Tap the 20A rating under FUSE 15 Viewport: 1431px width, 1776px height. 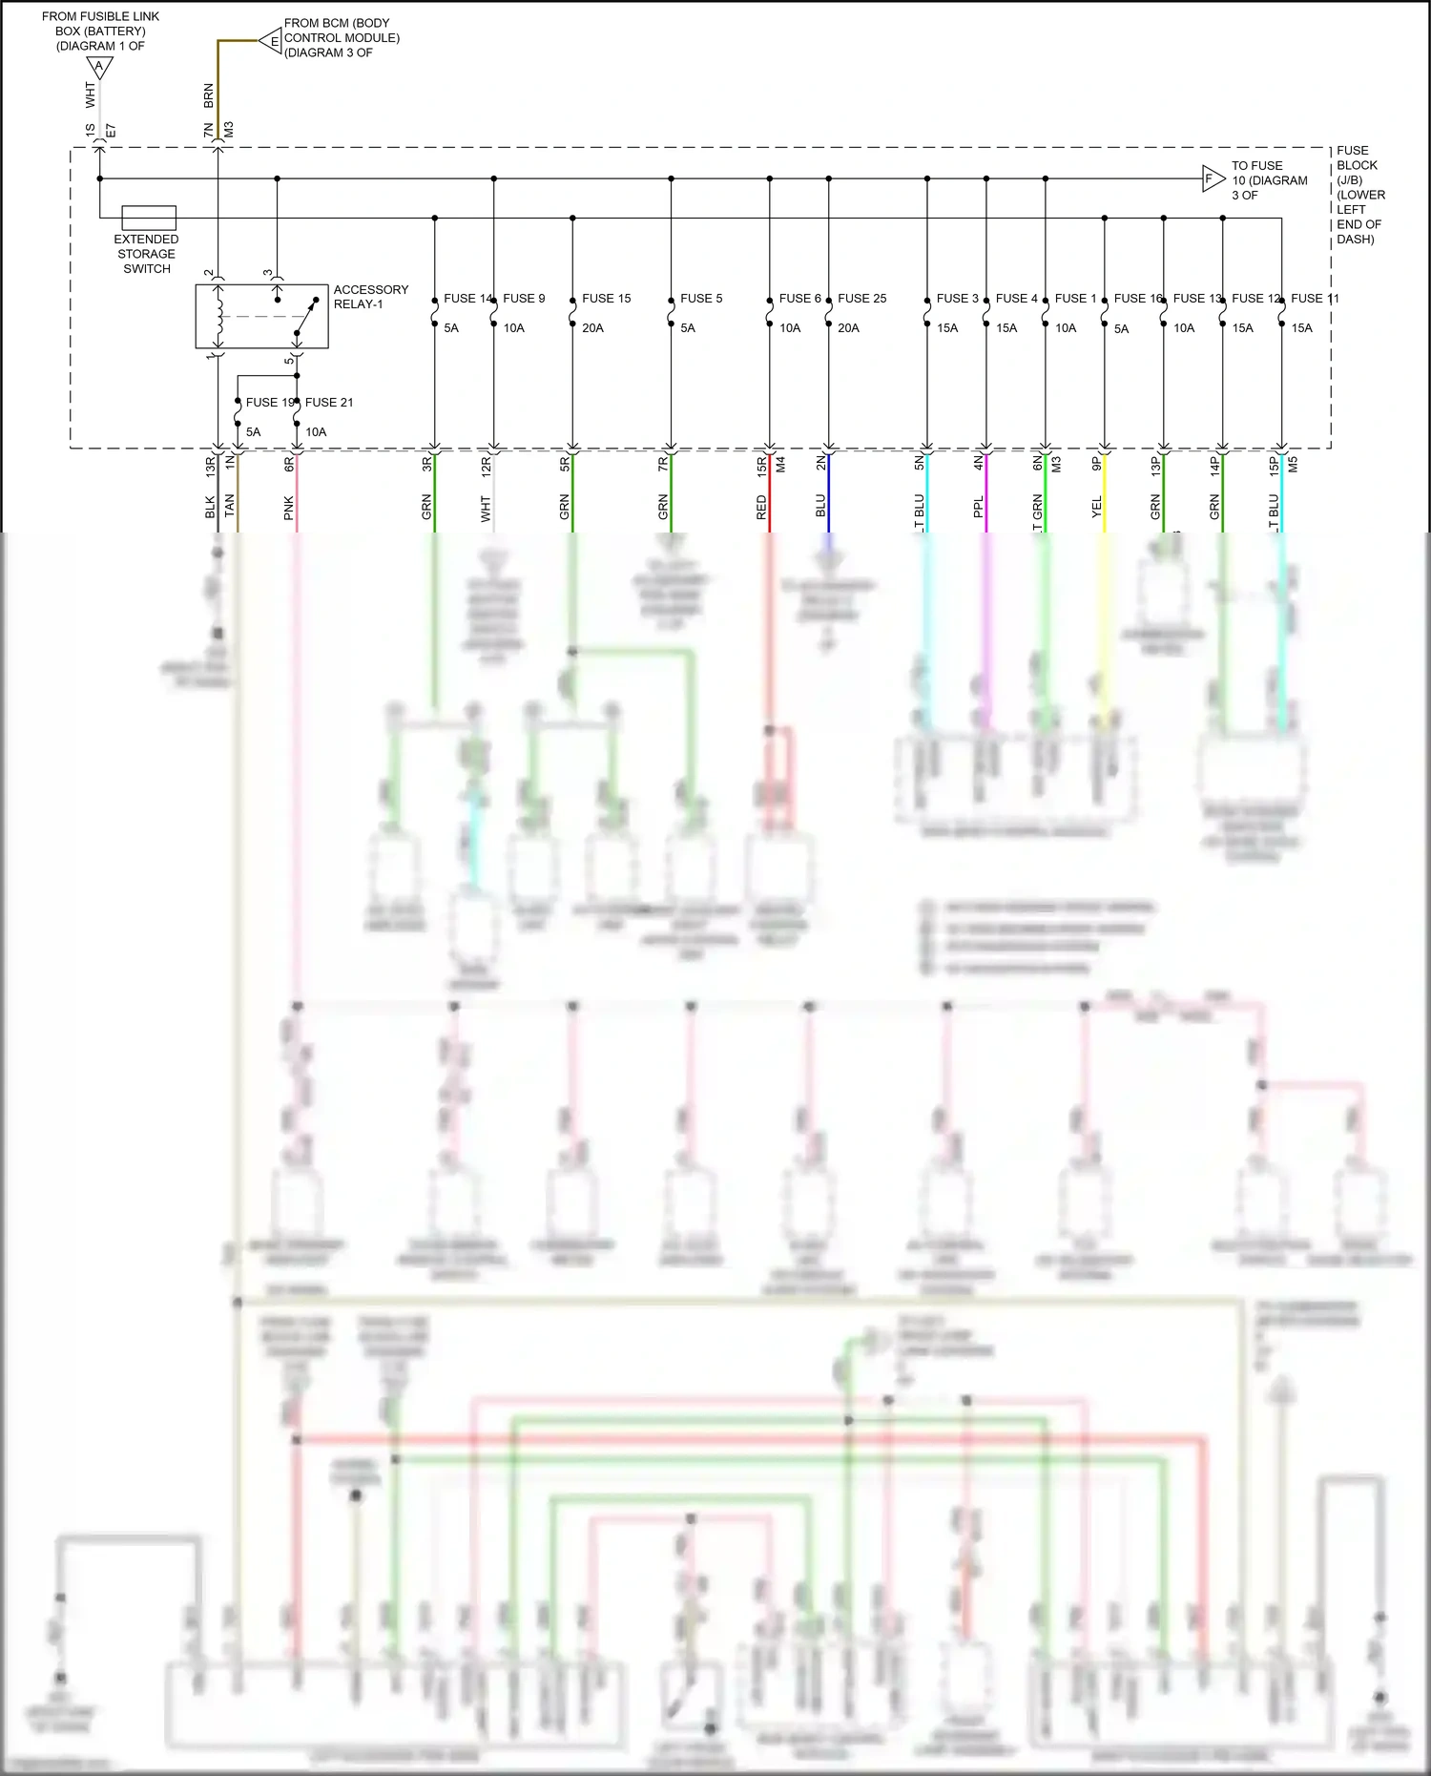tap(592, 328)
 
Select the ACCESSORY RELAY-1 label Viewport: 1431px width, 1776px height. tap(370, 297)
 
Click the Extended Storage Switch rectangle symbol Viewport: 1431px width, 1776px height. tap(149, 218)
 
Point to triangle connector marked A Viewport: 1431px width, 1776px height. tap(99, 68)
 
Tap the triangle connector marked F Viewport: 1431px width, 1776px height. tap(1212, 178)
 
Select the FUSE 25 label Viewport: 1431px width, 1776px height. tap(861, 299)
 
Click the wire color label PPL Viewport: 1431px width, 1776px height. tap(978, 508)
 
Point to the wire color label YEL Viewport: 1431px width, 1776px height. tap(1096, 508)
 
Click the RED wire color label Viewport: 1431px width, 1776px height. tap(761, 508)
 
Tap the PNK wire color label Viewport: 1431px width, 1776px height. tap(288, 509)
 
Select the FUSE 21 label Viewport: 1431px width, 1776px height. tap(328, 403)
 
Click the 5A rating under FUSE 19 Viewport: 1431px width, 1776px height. tap(253, 432)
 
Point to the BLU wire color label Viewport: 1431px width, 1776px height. tap(820, 507)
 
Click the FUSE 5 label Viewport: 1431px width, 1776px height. tap(701, 299)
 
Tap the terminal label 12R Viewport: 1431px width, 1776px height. tap(486, 466)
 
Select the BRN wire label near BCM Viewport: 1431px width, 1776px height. tap(209, 95)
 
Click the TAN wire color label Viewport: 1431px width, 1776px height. tap(229, 507)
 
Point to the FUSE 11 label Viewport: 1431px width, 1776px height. tap(1315, 299)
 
